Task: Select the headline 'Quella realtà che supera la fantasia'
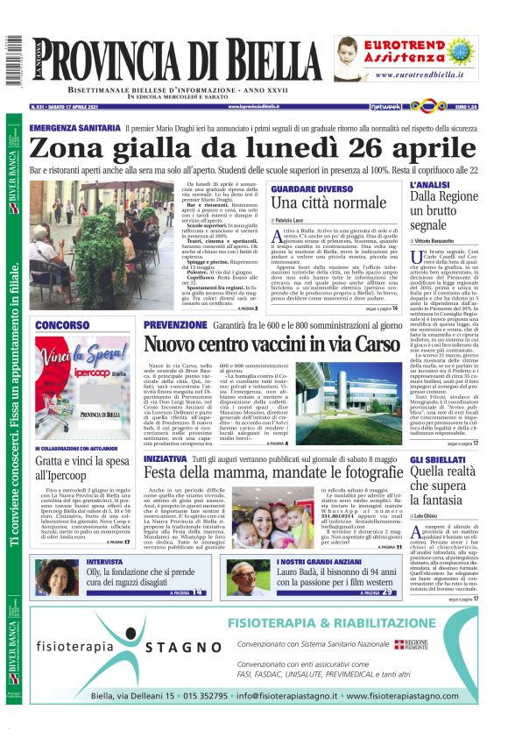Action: point(444,473)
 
